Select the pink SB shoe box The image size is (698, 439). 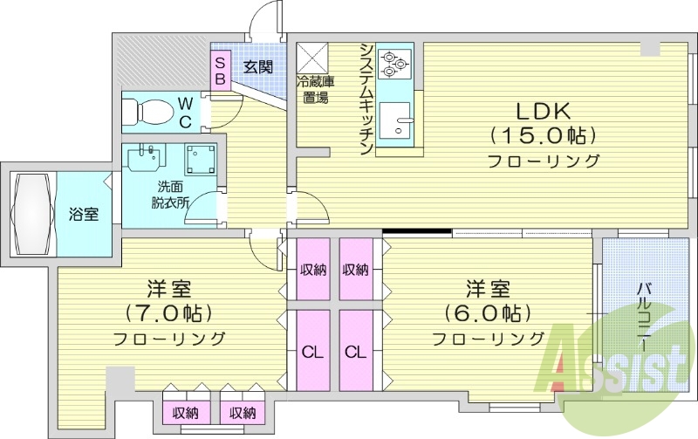[220, 70]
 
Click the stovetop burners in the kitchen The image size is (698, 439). [396, 60]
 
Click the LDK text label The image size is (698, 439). [543, 111]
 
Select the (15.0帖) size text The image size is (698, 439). [543, 135]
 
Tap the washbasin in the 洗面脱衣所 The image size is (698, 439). [145, 161]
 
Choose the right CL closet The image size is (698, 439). [354, 352]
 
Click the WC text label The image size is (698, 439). [185, 112]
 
